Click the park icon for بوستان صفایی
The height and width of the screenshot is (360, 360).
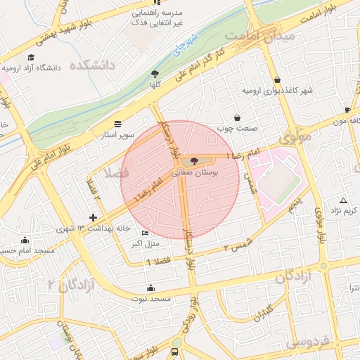tap(194, 161)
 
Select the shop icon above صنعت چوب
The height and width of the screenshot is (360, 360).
tap(237, 117)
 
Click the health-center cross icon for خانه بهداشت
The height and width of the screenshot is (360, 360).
tap(94, 217)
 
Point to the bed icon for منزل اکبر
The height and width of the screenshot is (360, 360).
tap(146, 233)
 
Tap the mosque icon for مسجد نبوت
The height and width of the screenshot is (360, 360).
tap(150, 288)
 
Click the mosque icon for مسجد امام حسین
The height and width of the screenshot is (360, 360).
tap(25, 240)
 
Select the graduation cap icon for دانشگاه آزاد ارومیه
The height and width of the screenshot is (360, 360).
tap(30, 57)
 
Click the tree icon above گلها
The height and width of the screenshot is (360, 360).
tap(155, 73)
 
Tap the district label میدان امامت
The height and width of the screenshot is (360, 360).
tap(251, 35)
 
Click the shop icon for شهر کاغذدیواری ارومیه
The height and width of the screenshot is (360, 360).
tap(278, 80)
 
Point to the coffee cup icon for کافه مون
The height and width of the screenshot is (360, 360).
tap(347, 110)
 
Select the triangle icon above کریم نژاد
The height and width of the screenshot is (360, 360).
tap(342, 200)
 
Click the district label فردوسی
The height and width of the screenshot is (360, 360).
tap(309, 343)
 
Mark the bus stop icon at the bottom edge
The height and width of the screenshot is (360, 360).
tap(174, 352)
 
